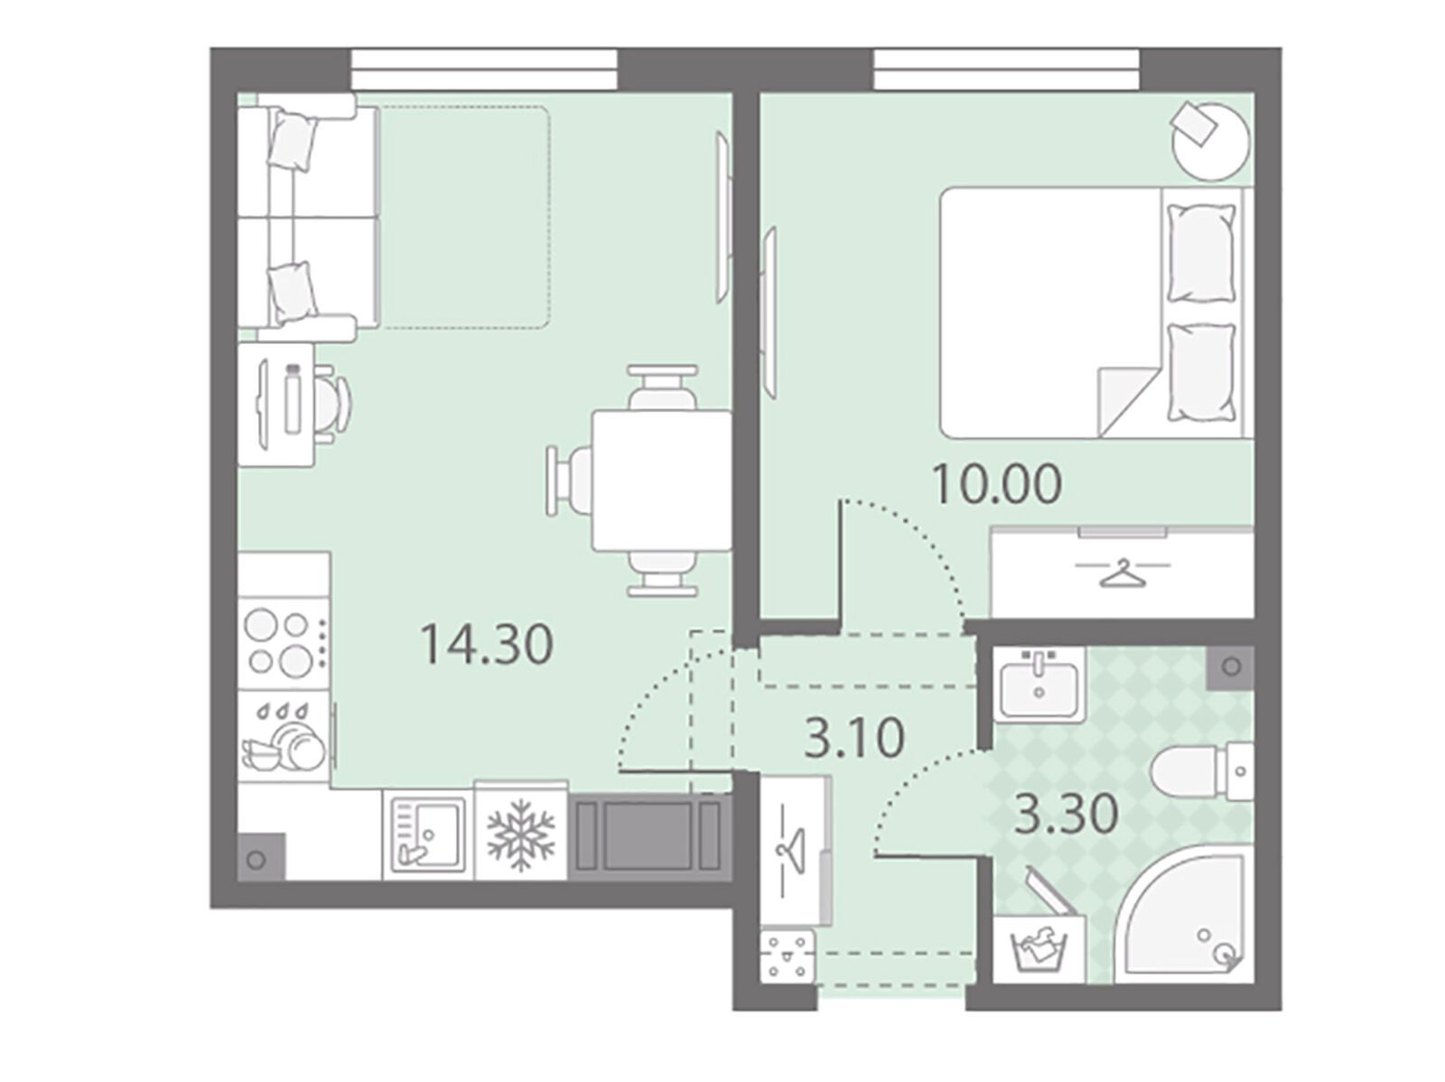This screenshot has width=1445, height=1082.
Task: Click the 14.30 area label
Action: tap(487, 644)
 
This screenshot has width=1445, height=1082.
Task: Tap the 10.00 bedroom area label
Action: tap(997, 484)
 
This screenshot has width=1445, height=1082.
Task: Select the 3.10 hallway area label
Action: tap(854, 738)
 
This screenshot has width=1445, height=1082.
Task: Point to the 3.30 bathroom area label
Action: tap(1067, 814)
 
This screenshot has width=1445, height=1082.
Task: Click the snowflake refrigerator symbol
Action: tap(521, 835)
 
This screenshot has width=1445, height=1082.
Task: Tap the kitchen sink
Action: tap(428, 835)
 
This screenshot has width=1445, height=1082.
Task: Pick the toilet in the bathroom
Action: tap(1202, 770)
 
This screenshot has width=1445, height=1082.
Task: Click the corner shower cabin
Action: tap(1185, 916)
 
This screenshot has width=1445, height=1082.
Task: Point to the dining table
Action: tap(662, 480)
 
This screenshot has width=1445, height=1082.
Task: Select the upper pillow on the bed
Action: tap(1201, 253)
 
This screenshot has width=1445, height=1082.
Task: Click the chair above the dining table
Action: tap(662, 387)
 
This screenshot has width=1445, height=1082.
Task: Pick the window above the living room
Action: tap(484, 70)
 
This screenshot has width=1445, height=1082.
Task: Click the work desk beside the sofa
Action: tap(276, 404)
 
